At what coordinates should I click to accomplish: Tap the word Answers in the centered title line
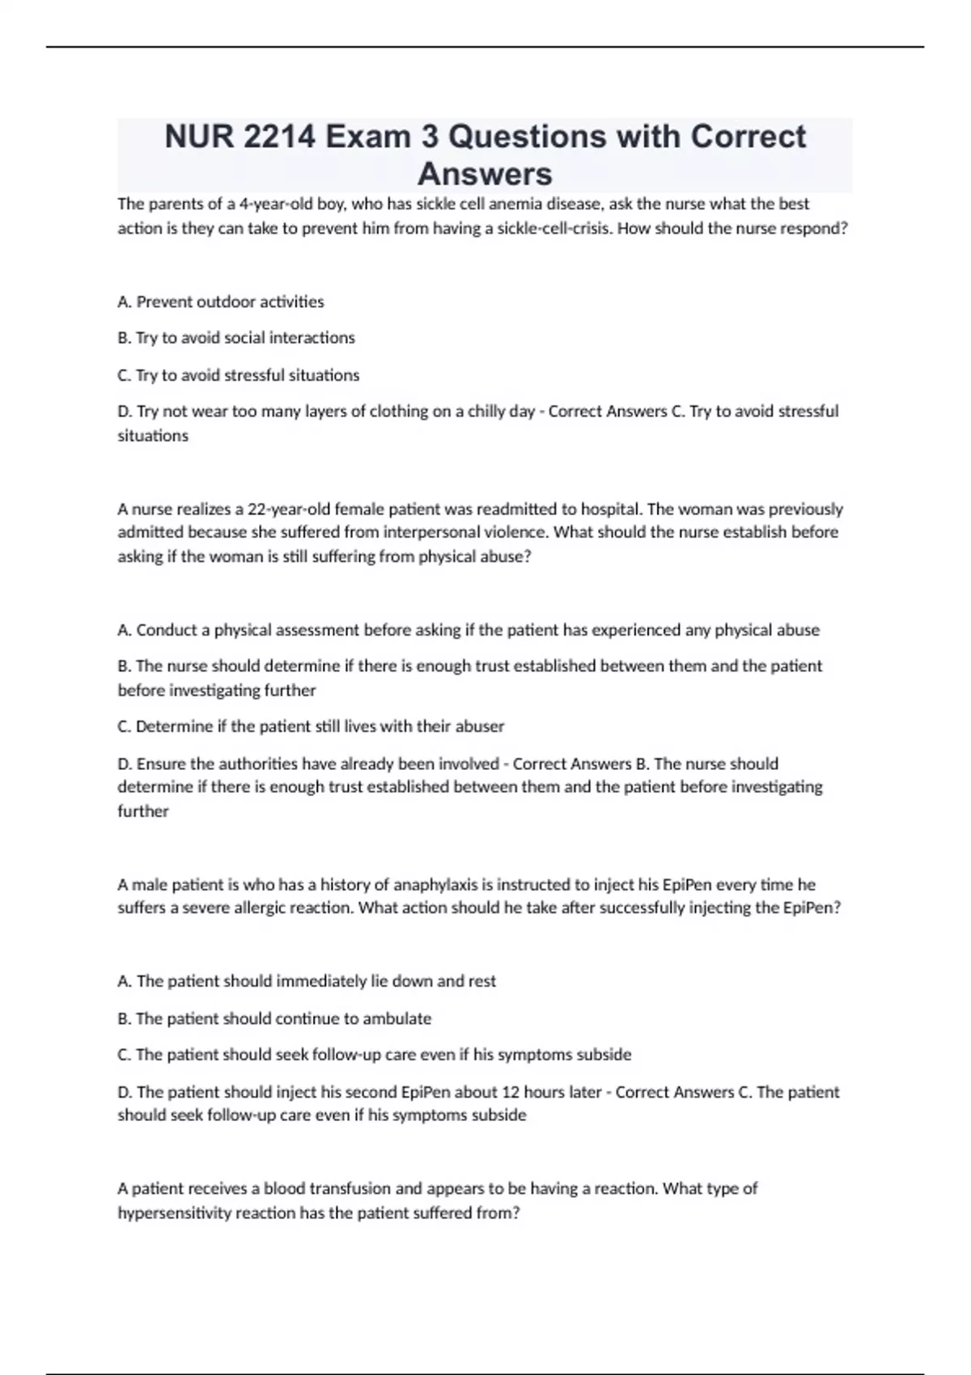485,174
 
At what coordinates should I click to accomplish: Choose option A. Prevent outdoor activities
221,302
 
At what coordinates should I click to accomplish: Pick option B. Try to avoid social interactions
236,338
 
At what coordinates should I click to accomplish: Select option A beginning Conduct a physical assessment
469,630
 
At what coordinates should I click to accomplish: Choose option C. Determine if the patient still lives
311,726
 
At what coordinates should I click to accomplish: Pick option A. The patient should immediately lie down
307,981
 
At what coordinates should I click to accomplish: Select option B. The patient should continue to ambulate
274,1019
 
